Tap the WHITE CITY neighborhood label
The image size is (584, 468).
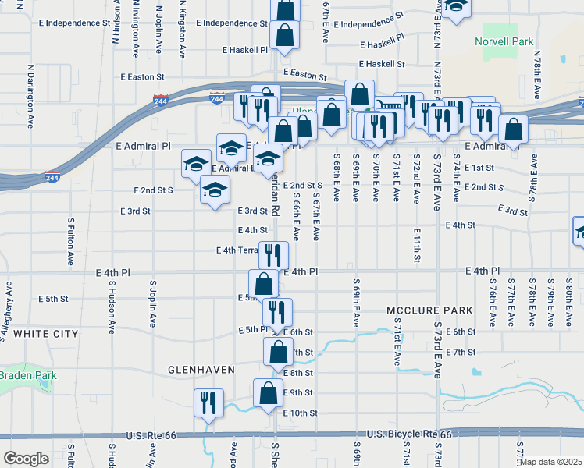click(46, 334)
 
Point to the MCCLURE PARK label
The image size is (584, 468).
click(420, 310)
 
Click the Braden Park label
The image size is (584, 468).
click(28, 375)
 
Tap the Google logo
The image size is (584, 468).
click(26, 458)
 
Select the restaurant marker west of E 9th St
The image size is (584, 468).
click(208, 402)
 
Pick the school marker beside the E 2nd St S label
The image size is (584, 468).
click(215, 190)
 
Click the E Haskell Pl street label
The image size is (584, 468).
click(244, 49)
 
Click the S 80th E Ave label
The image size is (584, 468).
click(569, 301)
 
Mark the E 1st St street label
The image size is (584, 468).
click(479, 168)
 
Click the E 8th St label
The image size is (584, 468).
click(298, 373)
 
